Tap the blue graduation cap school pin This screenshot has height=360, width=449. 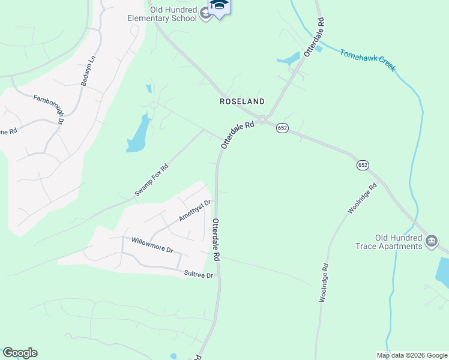coord(219,6)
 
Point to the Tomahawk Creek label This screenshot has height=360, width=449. coord(367,60)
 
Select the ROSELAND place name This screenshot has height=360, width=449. coord(243,101)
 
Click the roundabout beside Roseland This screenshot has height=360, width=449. coord(262,119)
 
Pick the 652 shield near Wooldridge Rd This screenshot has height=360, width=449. coord(363,165)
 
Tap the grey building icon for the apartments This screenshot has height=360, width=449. coord(431,242)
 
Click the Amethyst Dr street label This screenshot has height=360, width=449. coord(195,211)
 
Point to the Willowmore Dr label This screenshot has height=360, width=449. coord(152,245)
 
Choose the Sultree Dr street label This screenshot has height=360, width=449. coord(199,275)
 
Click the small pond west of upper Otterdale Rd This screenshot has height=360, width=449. coord(289,59)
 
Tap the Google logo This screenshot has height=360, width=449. coord(20,353)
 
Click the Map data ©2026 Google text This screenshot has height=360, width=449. coord(412,355)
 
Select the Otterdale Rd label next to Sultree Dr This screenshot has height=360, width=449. coord(216,239)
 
